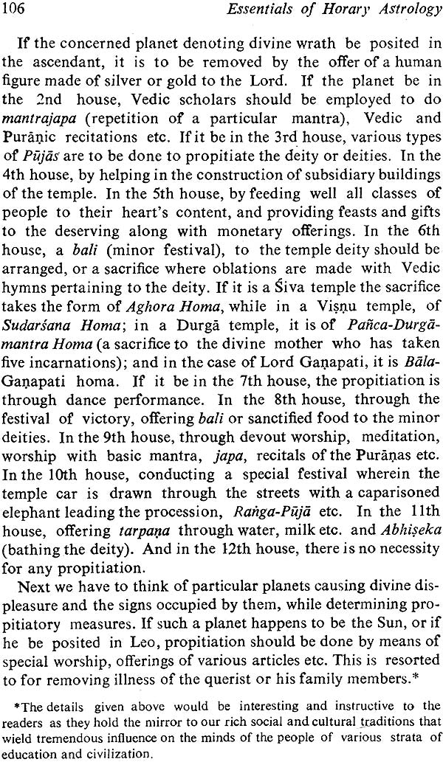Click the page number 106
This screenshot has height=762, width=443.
click(x=17, y=10)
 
